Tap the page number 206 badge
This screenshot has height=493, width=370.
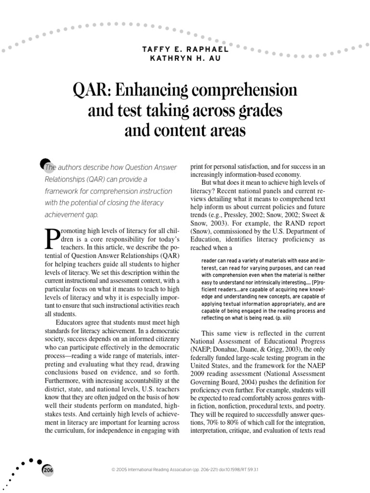pos(48,469)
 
